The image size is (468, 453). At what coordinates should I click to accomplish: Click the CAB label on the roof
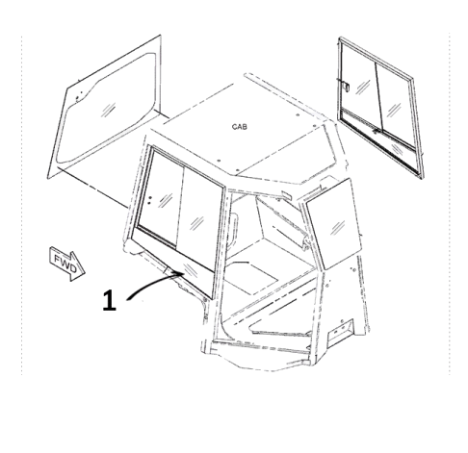tap(240, 127)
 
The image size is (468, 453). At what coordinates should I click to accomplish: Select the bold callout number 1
tap(109, 300)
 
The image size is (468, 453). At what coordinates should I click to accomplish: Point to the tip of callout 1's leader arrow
tap(184, 273)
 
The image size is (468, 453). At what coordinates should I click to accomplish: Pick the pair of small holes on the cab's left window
tap(149, 200)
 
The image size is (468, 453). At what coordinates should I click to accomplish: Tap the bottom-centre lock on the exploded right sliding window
tap(376, 132)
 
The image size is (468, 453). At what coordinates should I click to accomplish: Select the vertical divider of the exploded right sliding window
tap(379, 97)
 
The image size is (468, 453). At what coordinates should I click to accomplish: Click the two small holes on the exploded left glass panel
tap(79, 96)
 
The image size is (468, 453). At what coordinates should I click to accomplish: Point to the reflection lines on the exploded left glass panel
tap(108, 110)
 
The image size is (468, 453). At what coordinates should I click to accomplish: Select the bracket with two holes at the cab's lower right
tap(340, 333)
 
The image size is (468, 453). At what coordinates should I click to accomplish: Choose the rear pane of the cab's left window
tap(199, 218)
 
